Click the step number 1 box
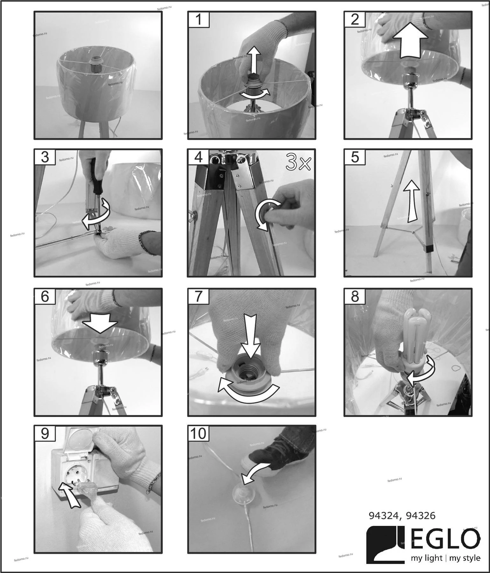pyautogui.click(x=199, y=19)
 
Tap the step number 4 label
pyautogui.click(x=199, y=157)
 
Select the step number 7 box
pyautogui.click(x=199, y=296)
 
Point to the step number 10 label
pyautogui.click(x=199, y=433)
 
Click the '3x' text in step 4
pyautogui.click(x=298, y=162)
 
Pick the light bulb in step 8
pyautogui.click(x=417, y=342)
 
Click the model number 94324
pyautogui.click(x=383, y=516)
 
